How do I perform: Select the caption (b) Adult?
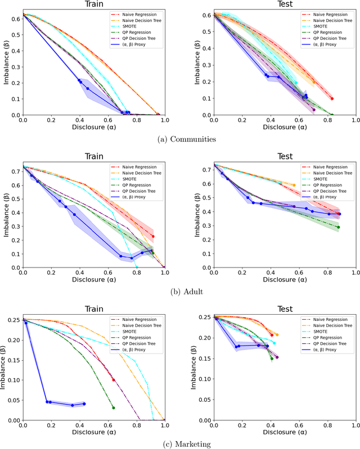tap(179, 292)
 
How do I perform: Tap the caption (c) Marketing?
tap(179, 444)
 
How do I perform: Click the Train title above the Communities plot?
tap(93, 5)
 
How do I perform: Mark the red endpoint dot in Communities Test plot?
tap(332, 99)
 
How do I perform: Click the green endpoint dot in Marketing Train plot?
tap(114, 407)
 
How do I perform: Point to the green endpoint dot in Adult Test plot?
tap(338, 227)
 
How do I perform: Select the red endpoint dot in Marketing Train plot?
tap(114, 380)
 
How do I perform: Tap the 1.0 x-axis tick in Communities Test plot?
tap(354, 120)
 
